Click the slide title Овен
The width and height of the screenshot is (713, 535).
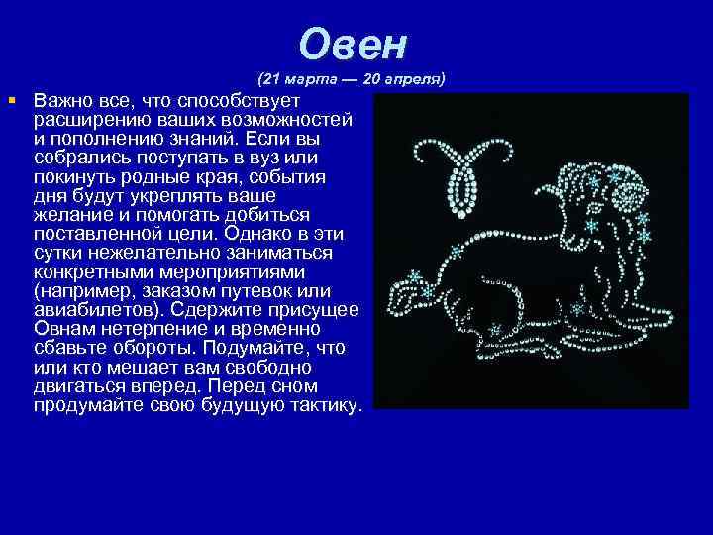point(355,44)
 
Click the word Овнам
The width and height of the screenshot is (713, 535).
point(64,328)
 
